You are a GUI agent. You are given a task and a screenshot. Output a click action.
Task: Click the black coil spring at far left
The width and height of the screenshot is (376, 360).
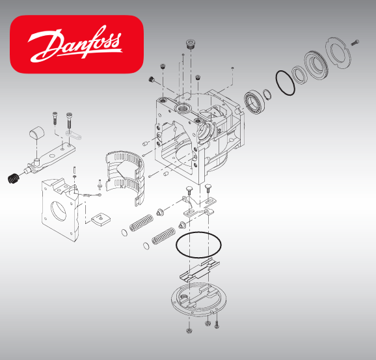(x=12, y=177)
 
